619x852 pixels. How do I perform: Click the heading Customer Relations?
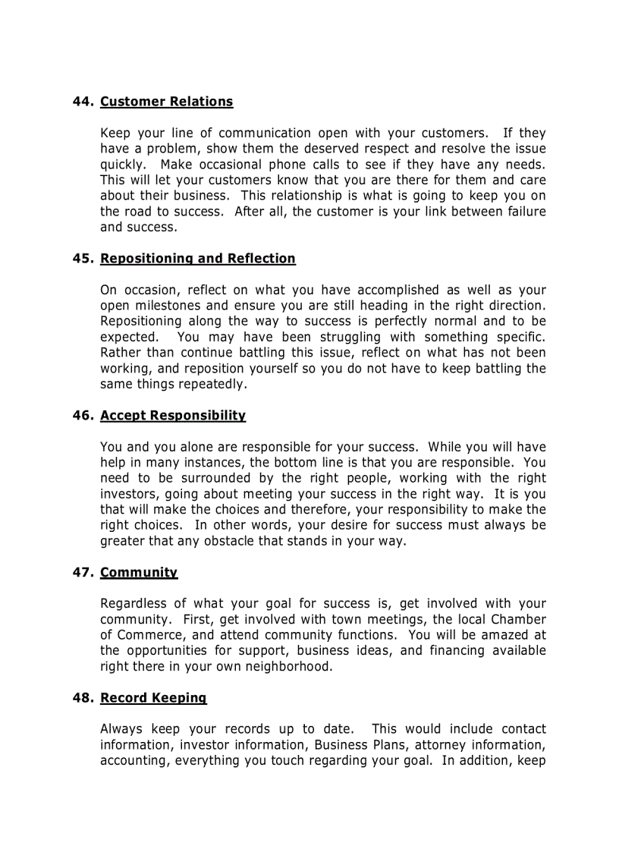[166, 102]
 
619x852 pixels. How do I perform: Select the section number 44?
[82, 102]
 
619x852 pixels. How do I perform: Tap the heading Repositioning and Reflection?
[197, 259]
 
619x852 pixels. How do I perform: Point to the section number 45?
[82, 259]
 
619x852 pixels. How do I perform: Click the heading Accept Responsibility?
[172, 416]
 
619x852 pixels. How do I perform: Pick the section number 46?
[82, 416]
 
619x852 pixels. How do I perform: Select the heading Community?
[138, 573]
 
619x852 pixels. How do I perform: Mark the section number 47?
[82, 573]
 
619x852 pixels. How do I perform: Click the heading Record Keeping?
[152, 698]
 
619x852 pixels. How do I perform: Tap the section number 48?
[82, 698]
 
